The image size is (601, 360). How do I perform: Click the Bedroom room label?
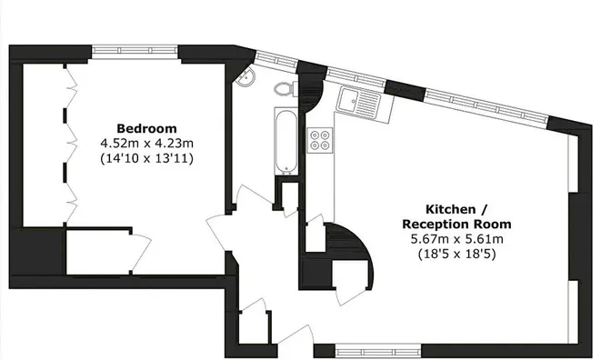pyautogui.click(x=146, y=128)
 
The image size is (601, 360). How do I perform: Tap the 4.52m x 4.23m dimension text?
pyautogui.click(x=146, y=144)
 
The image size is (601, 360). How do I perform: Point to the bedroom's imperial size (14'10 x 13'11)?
pyautogui.click(x=146, y=158)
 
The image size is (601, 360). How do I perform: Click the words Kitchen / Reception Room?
pyautogui.click(x=456, y=216)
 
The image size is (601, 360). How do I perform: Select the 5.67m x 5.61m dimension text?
pyautogui.click(x=456, y=239)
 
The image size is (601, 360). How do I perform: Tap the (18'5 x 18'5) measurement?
pyautogui.click(x=456, y=254)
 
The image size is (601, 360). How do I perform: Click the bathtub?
pyautogui.click(x=285, y=142)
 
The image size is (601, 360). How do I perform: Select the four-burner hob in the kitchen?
pyautogui.click(x=320, y=140)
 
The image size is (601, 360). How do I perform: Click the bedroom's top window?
pyautogui.click(x=135, y=50)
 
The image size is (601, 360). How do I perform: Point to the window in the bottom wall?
pyautogui.click(x=378, y=351)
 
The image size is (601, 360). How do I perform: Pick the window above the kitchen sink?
pyautogui.click(x=356, y=78)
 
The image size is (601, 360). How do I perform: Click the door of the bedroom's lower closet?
pyautogui.click(x=141, y=251)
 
